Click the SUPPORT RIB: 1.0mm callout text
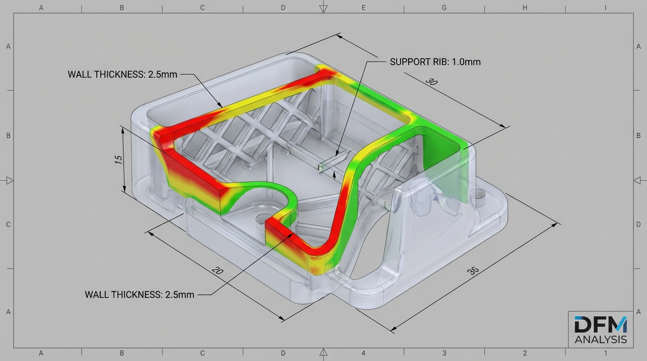435,62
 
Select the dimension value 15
119,159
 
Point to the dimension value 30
431,82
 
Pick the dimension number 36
473,271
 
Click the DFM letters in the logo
600,324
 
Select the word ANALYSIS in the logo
600,339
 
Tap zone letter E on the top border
363,8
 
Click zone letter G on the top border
444,8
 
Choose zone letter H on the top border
525,8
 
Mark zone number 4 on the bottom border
363,353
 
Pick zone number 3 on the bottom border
444,353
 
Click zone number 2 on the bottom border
525,353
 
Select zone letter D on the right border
638,224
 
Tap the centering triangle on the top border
323,8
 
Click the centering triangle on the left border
9,180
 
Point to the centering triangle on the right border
638,180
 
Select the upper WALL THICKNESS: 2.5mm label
122,74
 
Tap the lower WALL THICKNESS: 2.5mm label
139,295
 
